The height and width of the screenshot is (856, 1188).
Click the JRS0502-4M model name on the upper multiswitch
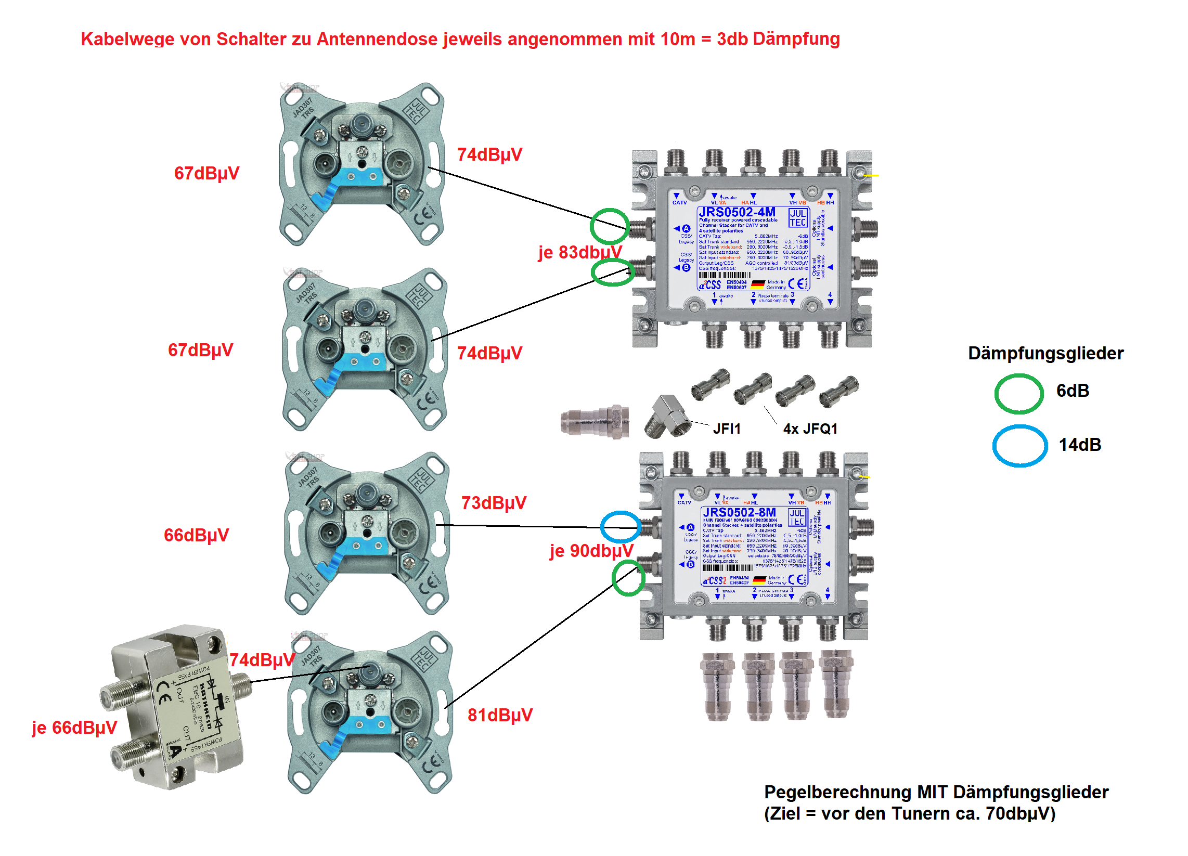737,212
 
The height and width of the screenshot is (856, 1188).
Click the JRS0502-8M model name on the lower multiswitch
739,513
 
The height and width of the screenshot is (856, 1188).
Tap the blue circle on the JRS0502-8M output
621,526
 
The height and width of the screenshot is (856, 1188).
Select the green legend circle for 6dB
1019,394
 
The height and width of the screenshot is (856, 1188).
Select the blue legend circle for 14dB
1019,446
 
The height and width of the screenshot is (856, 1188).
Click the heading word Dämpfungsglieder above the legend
1045,354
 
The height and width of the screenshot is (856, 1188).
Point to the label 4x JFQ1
810,429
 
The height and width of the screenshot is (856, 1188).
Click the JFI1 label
727,429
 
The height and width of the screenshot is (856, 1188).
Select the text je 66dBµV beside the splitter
74,728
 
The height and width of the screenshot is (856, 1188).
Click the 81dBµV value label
500,715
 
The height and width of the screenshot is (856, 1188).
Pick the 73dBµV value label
494,503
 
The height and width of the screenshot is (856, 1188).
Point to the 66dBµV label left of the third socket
197,536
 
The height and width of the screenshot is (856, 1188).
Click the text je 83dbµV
580,253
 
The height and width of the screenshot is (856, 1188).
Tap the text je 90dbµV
591,551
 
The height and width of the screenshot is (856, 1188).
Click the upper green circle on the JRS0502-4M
610,226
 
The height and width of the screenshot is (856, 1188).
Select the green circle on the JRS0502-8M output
628,578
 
